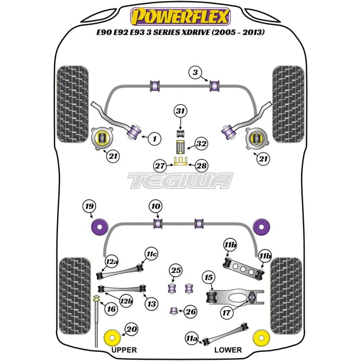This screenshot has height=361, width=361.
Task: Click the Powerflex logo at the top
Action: tap(180, 17)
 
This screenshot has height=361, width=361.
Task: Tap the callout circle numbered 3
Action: tap(195, 73)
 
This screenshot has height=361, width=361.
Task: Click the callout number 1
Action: tap(154, 138)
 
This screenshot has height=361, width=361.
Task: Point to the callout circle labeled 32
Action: tap(201, 144)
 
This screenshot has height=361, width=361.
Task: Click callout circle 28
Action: tap(202, 166)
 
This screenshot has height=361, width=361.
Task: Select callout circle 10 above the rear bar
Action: tap(156, 207)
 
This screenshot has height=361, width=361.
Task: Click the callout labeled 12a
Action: tap(112, 261)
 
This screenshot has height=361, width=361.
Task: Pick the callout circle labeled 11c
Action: tap(152, 255)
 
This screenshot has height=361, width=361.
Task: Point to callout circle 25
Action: tap(176, 270)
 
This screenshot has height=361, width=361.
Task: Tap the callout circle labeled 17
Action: tap(226, 313)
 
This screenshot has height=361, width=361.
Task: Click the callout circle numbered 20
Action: tap(131, 329)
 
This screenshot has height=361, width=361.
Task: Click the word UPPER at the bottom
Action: tap(124, 350)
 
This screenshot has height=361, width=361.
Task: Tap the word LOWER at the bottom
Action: tap(228, 350)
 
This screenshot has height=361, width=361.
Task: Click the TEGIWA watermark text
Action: tap(181, 180)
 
